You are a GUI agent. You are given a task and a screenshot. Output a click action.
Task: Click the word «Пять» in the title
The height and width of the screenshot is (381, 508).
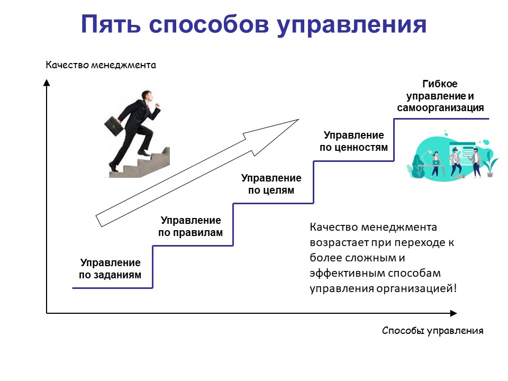[x=111, y=25]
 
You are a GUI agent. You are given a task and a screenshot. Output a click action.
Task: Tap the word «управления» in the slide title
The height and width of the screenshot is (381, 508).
[x=351, y=25]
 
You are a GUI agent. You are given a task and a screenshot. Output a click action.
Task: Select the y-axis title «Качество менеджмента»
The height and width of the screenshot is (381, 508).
[x=101, y=66]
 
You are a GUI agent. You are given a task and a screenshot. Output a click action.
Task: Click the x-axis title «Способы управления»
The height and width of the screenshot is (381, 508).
[x=432, y=331]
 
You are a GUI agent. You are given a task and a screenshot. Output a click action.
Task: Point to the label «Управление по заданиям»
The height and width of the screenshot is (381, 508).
[x=111, y=268]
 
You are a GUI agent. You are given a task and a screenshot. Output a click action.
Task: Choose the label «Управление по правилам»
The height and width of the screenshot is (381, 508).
[x=190, y=226]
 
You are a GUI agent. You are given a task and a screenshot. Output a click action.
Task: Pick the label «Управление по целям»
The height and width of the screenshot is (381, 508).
[x=271, y=184]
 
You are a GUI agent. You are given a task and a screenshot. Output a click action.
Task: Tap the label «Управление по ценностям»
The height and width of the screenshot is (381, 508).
[x=353, y=141]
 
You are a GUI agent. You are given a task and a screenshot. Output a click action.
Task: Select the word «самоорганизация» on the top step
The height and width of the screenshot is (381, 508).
[x=440, y=108]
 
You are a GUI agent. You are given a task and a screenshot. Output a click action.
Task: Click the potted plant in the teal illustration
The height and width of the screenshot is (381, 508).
[x=491, y=164]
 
